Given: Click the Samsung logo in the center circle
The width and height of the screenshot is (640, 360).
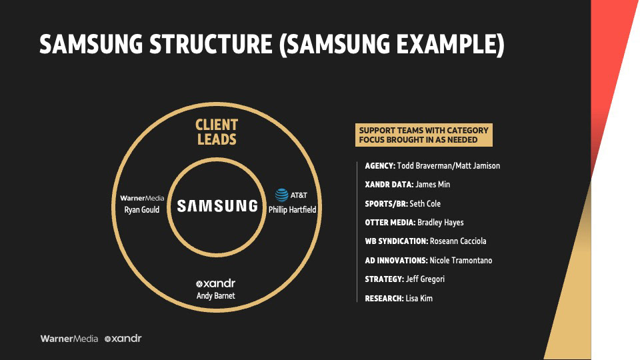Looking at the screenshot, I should pyautogui.click(x=217, y=206).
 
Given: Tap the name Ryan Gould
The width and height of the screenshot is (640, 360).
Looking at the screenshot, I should pyautogui.click(x=142, y=210).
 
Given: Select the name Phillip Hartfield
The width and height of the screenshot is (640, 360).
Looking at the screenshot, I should pyautogui.click(x=292, y=209).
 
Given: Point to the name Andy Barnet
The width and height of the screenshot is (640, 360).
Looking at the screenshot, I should pyautogui.click(x=215, y=295).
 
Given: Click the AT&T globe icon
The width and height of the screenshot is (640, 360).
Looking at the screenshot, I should pyautogui.click(x=282, y=195).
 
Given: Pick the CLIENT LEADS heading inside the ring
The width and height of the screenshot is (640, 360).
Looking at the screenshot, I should pyautogui.click(x=217, y=132).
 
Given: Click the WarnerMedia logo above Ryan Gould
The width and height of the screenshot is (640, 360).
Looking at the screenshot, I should pyautogui.click(x=142, y=198).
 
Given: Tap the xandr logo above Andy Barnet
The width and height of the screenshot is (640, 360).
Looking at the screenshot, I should pyautogui.click(x=215, y=283).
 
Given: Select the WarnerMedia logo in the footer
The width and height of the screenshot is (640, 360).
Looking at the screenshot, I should pyautogui.click(x=69, y=339).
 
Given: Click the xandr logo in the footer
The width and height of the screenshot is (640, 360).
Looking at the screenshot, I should pyautogui.click(x=123, y=339).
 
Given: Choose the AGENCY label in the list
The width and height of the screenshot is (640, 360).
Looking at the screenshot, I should pyautogui.click(x=380, y=165).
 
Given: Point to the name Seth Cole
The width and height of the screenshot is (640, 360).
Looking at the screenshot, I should pyautogui.click(x=425, y=203).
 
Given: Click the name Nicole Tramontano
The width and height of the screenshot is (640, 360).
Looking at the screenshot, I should pyautogui.click(x=461, y=260).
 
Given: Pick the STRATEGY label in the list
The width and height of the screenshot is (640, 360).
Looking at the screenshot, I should pyautogui.click(x=384, y=279).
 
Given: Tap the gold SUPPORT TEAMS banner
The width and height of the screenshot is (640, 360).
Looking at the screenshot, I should pyautogui.click(x=424, y=135).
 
